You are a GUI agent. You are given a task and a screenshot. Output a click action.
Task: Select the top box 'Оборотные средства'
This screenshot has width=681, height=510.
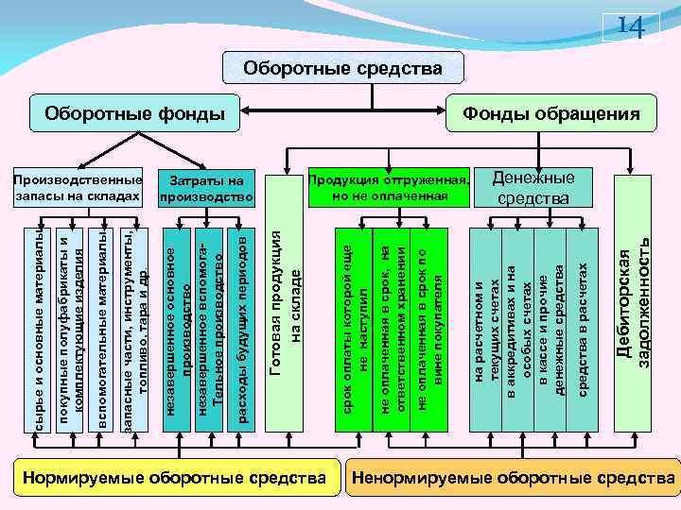coord(342,69)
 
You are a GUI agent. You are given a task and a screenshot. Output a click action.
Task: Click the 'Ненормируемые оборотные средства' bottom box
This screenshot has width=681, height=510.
coord(514,479)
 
